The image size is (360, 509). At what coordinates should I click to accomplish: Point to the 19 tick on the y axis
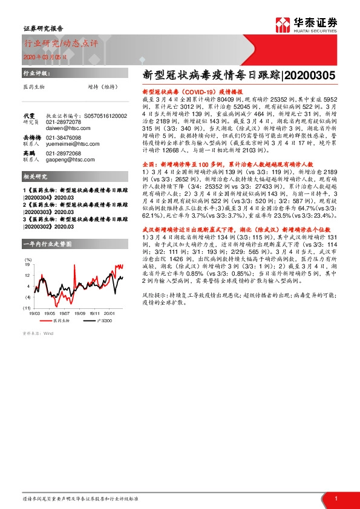27,264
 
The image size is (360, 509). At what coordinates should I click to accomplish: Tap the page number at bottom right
336,498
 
